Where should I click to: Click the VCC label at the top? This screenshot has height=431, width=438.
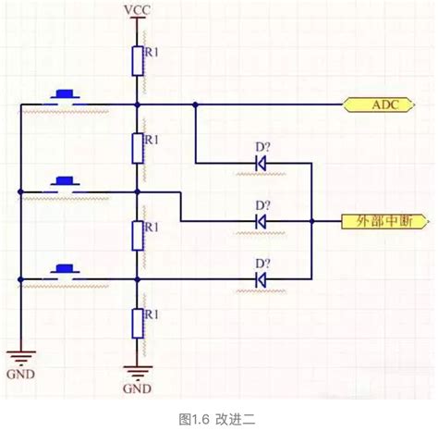coord(137,11)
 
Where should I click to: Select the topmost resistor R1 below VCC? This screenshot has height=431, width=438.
coord(137,62)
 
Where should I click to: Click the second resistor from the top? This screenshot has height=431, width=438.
coord(137,148)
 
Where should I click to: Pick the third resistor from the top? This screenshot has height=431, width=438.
coord(137,235)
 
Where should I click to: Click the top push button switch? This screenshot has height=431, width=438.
coord(65,94)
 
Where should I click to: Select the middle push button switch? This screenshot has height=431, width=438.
coord(65,181)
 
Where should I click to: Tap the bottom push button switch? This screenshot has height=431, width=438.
coord(65,269)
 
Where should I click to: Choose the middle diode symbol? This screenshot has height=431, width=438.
coord(261,222)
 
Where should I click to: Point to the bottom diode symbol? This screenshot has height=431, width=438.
coord(261,277)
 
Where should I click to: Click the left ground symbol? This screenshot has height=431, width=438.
coord(18,355)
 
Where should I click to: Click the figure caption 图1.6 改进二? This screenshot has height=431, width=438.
coord(218,418)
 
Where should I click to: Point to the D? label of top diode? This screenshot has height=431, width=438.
coord(262,147)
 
